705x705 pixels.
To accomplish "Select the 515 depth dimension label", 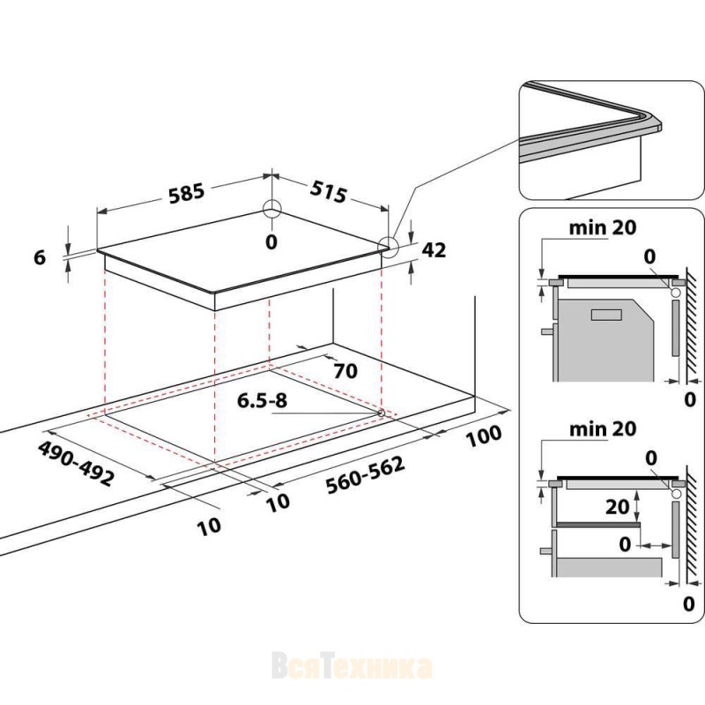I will (327, 192).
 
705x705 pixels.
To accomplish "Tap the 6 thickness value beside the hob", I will (38, 257).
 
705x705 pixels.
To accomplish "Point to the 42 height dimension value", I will (434, 250).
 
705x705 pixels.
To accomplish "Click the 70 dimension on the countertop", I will (345, 371).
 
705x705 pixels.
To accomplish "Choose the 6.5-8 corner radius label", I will (262, 401).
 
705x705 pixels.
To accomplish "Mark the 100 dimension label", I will (483, 434).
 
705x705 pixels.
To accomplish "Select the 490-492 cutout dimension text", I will (76, 464).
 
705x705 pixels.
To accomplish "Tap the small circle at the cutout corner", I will (381, 412).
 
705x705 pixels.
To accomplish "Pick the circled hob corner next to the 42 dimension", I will (388, 246).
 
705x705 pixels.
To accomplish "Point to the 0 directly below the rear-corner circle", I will (271, 241).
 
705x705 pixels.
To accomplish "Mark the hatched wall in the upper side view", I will (692, 326).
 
